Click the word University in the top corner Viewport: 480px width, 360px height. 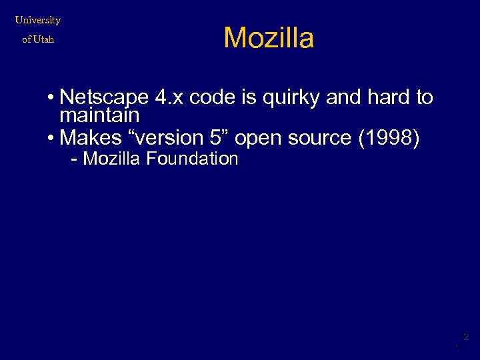pos(38,20)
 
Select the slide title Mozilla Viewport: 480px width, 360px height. pos(269,38)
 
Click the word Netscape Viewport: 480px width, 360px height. pos(104,98)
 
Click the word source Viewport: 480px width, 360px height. pos(320,138)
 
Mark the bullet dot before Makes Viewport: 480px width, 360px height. pos(51,139)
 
